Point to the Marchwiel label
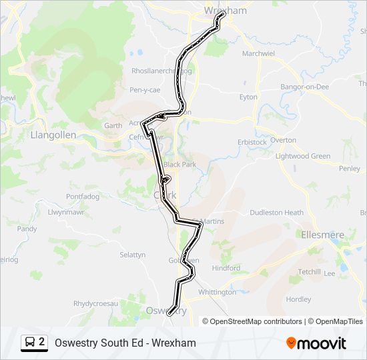tap(258, 53)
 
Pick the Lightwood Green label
tap(303, 156)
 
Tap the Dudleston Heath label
tap(276, 213)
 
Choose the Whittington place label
tap(217, 292)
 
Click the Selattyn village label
tap(132, 255)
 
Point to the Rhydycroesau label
tap(95, 303)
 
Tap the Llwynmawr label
tap(63, 212)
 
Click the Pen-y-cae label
tap(145, 89)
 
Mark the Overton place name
tap(283, 140)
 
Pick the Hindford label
tap(226, 268)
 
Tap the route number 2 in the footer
tap(42, 343)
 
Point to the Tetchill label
tap(309, 272)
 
